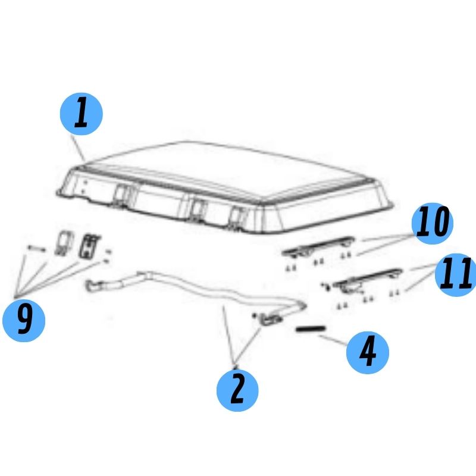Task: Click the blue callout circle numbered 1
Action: (x=82, y=114)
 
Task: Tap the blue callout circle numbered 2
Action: (x=237, y=390)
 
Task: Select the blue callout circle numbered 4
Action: (x=368, y=352)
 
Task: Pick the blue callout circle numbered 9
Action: (x=24, y=321)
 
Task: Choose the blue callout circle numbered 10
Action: (x=433, y=224)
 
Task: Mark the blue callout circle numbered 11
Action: (x=456, y=275)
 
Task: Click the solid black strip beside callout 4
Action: (x=311, y=329)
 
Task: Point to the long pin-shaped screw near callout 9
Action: (x=37, y=249)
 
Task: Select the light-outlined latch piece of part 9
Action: (x=64, y=243)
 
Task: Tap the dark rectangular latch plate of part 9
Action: (x=89, y=246)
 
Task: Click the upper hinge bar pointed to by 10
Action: (x=318, y=246)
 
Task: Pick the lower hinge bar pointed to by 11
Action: (x=368, y=279)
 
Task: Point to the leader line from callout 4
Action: (x=333, y=340)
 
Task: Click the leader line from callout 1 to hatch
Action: (x=78, y=148)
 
